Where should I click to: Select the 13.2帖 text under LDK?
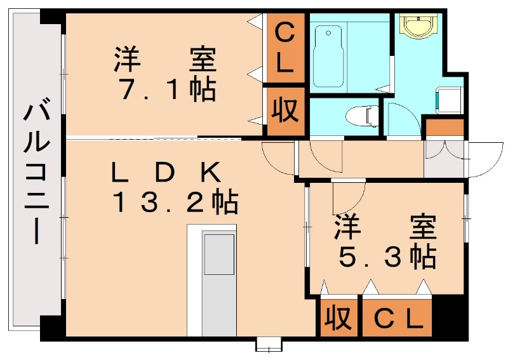tap(175, 203)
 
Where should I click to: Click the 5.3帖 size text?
tap(387, 257)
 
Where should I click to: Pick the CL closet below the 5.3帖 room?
tap(398, 318)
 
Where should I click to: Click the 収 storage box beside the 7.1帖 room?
tap(285, 110)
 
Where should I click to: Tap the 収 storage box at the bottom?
tap(338, 318)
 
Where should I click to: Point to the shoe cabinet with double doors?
tap(444, 159)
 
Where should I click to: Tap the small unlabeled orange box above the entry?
tap(444, 127)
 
